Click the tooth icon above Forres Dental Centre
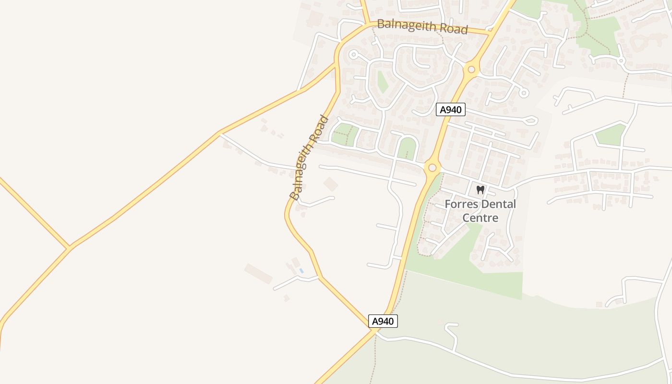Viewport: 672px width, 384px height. coord(480,190)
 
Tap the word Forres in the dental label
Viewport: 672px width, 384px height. coord(459,204)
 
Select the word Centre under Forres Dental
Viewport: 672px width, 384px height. coord(480,218)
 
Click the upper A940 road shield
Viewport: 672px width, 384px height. coord(450,110)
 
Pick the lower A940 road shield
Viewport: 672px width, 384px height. coord(383,321)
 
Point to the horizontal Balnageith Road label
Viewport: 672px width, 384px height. coord(422,26)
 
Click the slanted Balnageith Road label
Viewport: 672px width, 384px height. coord(310,157)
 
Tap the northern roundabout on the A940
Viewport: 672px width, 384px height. coord(471,70)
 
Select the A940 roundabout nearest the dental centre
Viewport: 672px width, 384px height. coord(432,168)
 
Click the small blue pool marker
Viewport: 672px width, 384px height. coord(301,271)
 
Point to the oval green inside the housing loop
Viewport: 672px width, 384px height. coord(383,82)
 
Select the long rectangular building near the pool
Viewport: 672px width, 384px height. coord(258,273)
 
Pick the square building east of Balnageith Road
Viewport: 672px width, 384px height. coord(330,183)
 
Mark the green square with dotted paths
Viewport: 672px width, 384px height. coord(345,134)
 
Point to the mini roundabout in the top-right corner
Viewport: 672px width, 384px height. coord(621,61)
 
